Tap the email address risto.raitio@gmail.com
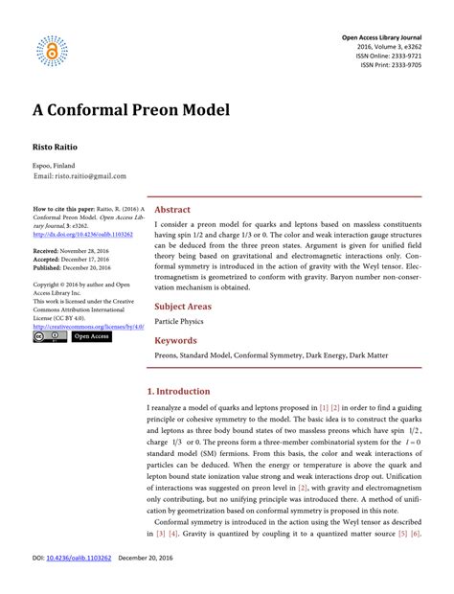tap(79, 176)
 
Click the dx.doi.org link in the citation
tap(83, 234)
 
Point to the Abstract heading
tap(172, 210)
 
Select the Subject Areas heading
tap(184, 307)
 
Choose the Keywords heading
tap(176, 341)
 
